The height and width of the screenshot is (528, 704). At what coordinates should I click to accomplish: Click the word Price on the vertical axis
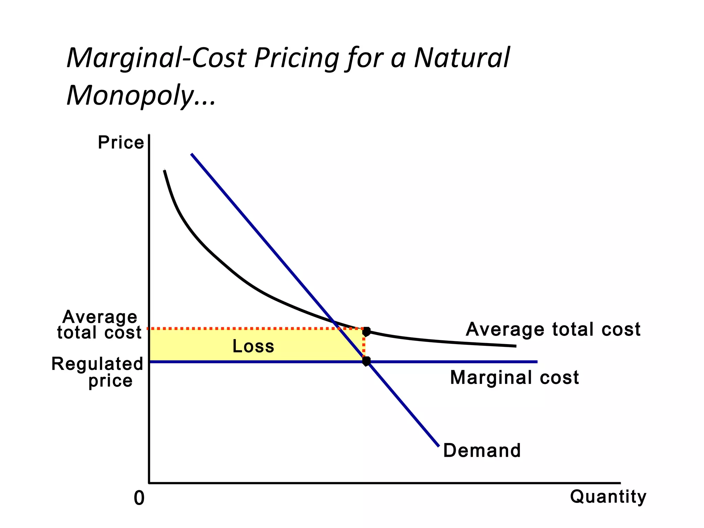pyautogui.click(x=121, y=143)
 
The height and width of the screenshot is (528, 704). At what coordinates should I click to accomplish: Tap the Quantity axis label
pyautogui.click(x=608, y=497)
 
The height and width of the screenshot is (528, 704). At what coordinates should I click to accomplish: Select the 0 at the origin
pyautogui.click(x=139, y=498)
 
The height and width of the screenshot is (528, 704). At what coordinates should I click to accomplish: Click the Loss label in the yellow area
pyautogui.click(x=253, y=346)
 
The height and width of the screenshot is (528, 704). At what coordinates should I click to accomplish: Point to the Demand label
pyautogui.click(x=482, y=450)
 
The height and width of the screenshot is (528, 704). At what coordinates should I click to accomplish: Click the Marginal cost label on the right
pyautogui.click(x=514, y=377)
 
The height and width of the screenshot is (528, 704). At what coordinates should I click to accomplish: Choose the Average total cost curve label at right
pyautogui.click(x=553, y=329)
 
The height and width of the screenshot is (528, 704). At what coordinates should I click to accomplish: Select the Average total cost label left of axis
pyautogui.click(x=99, y=324)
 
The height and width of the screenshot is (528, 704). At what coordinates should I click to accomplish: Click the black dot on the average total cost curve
pyautogui.click(x=366, y=331)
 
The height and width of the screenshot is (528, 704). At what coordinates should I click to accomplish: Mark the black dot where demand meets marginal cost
pyautogui.click(x=366, y=361)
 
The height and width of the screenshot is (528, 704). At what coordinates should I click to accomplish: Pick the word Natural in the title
pyautogui.click(x=462, y=58)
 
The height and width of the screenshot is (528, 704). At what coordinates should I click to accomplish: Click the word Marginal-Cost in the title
pyautogui.click(x=156, y=58)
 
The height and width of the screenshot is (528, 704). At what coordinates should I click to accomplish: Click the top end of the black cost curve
pyautogui.click(x=165, y=171)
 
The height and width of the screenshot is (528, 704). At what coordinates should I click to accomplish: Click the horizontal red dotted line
pyautogui.click(x=254, y=329)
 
